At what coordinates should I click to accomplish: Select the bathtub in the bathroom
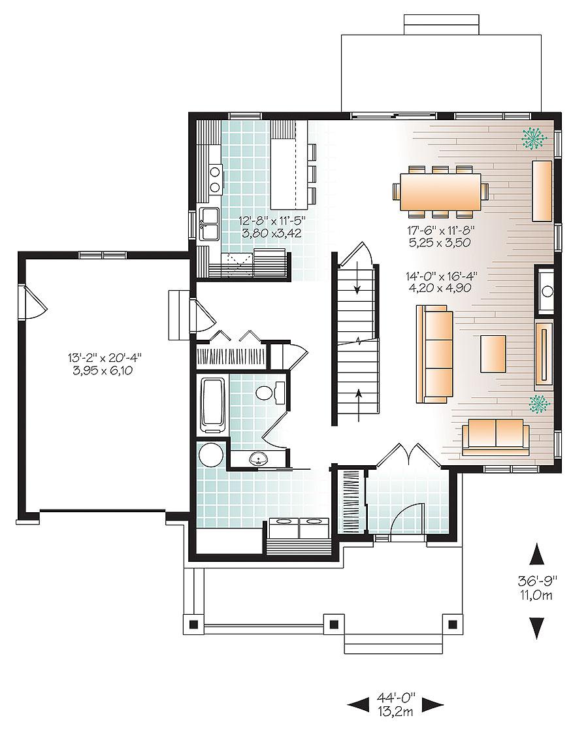coord(213,405)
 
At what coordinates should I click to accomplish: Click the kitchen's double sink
coord(210,224)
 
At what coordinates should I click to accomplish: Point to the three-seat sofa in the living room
coord(434,354)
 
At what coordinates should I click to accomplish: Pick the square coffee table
coord(493,353)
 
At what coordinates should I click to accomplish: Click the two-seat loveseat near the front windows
coord(496,437)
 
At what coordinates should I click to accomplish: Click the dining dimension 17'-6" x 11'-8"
coord(442,230)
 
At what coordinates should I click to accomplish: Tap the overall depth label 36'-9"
coord(537,581)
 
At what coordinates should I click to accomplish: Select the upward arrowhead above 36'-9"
coord(537,554)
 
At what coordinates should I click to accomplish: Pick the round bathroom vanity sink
coord(257,457)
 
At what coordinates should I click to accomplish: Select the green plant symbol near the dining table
coord(534,139)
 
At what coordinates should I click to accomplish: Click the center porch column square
coord(333,624)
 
